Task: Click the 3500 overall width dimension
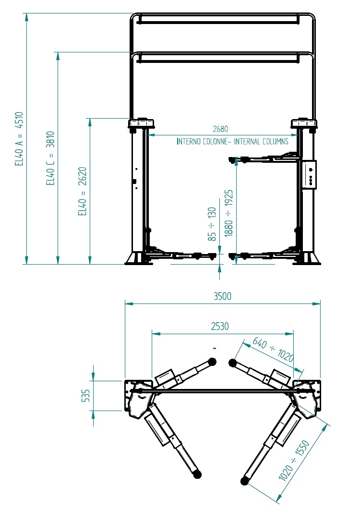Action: (222, 296)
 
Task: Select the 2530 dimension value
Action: (220, 326)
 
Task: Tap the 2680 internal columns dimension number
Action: (220, 129)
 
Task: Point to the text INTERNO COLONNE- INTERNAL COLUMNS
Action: (232, 142)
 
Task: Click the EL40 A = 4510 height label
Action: (19, 139)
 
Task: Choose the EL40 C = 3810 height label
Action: (50, 158)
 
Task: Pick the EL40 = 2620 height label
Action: (82, 191)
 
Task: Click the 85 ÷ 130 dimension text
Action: (212, 224)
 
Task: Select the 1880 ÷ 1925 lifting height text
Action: (228, 213)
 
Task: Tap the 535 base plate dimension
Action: (85, 396)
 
